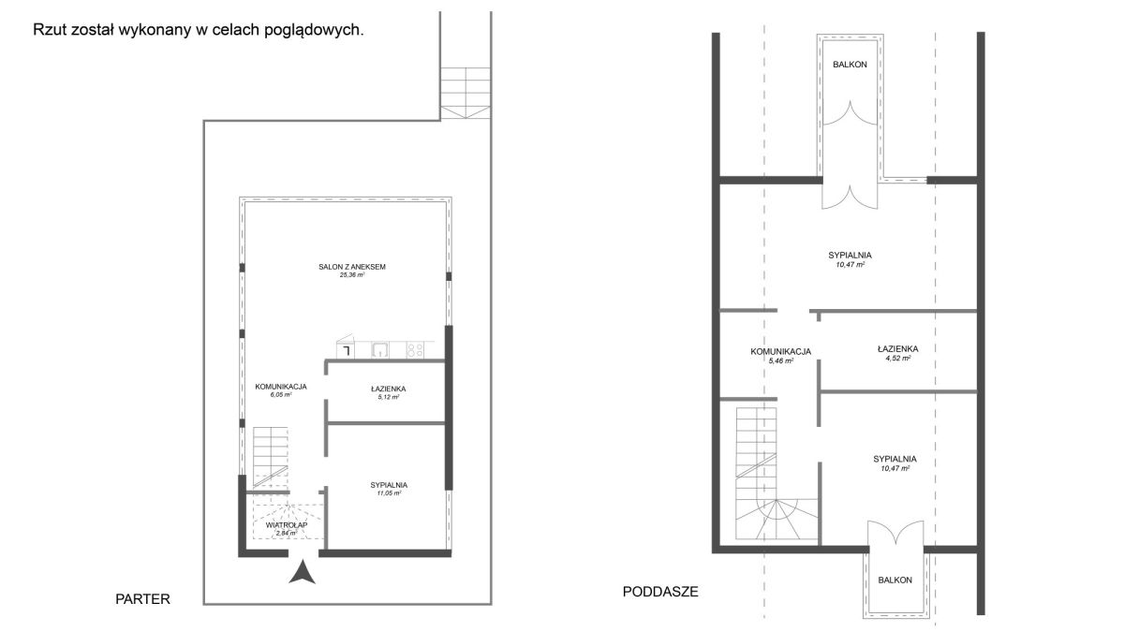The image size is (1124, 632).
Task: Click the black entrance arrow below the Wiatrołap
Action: click(302, 573)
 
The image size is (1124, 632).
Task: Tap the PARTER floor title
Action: click(143, 599)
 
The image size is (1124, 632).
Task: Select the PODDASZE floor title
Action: click(660, 592)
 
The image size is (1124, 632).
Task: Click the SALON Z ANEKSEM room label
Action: click(352, 267)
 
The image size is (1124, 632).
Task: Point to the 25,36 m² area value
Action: click(352, 275)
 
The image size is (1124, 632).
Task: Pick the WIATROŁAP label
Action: click(287, 525)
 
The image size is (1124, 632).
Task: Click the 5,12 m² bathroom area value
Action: click(389, 397)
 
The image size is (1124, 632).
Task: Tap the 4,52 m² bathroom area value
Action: click(898, 358)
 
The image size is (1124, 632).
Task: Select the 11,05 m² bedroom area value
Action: click(389, 493)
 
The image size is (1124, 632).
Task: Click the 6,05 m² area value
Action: click(281, 395)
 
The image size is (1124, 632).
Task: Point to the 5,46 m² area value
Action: click(781, 360)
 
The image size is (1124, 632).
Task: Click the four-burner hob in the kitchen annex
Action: click(415, 349)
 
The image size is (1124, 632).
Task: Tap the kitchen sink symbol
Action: click(380, 349)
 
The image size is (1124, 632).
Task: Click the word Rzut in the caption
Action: click(49, 30)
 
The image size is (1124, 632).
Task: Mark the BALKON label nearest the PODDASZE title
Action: click(895, 581)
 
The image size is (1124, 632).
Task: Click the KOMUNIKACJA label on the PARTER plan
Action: click(281, 387)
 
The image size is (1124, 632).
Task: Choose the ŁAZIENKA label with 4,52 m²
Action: click(898, 349)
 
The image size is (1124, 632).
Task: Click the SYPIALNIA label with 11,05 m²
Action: click(389, 485)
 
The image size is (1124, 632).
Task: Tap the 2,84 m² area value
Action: click(287, 533)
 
